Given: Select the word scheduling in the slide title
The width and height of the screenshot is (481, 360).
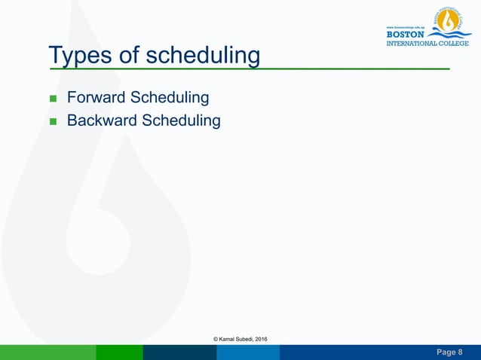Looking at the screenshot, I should click(203, 56).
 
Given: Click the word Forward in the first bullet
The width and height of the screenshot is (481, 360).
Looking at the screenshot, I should click(97, 98).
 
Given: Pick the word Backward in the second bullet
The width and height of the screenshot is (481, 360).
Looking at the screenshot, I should click(103, 121).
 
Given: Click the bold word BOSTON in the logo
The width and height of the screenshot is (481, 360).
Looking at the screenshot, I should click(405, 34).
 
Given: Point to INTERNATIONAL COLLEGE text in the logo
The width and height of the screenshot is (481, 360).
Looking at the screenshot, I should click(427, 43).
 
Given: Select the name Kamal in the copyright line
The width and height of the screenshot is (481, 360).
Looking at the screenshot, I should click(230, 340).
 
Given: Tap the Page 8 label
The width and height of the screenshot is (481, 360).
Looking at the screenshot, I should click(450, 352).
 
